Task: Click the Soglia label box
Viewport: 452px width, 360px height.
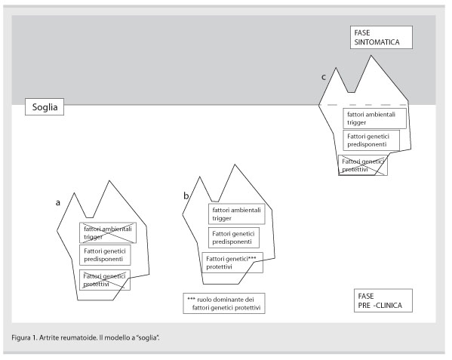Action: click(x=45, y=107)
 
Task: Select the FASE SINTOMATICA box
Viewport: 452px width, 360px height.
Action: click(x=381, y=38)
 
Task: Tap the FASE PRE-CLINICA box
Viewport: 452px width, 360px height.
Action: click(x=383, y=300)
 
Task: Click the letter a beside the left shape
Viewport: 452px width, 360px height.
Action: click(x=58, y=203)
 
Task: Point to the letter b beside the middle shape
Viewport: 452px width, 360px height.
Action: click(x=186, y=195)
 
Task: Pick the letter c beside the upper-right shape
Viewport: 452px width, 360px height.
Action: click(x=324, y=77)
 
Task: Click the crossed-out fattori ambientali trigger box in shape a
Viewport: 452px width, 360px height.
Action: click(x=108, y=233)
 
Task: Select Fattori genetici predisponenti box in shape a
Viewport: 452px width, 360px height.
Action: click(x=105, y=255)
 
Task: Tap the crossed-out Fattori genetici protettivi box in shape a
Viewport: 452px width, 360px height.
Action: click(x=105, y=280)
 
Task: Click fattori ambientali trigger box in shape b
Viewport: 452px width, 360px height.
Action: click(x=237, y=214)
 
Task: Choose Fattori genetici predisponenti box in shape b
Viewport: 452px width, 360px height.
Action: click(x=234, y=238)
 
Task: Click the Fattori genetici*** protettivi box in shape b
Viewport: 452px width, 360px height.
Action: click(x=232, y=263)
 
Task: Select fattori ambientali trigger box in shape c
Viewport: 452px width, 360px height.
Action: click(x=374, y=118)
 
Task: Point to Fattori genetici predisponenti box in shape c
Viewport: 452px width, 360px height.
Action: click(x=371, y=140)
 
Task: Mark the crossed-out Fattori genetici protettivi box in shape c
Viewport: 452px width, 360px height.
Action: click(x=363, y=165)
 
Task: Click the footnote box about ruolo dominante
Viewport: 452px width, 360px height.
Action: click(x=224, y=303)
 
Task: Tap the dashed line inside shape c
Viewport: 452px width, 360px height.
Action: click(x=367, y=105)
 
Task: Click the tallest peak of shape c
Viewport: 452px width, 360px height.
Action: click(x=371, y=56)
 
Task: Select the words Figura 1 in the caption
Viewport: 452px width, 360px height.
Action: click(x=24, y=337)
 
